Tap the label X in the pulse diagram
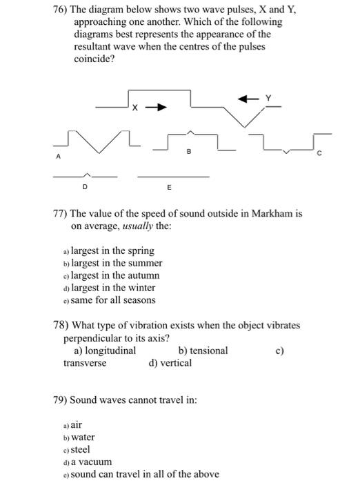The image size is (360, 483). [136, 108]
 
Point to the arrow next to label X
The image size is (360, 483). [158, 108]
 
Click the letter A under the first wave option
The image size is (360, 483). [59, 157]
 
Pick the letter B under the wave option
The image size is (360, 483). [189, 149]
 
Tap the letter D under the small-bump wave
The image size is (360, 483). [85, 186]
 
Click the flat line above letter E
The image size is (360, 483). [172, 177]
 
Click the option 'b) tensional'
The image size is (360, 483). [203, 351]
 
